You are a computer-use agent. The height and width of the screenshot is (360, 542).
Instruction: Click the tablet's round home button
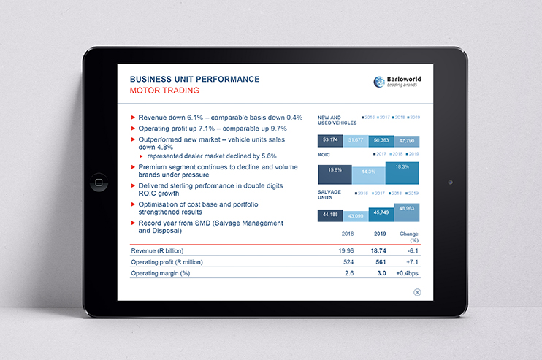coord(95,181)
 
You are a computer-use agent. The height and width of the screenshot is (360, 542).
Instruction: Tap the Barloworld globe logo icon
coord(379,83)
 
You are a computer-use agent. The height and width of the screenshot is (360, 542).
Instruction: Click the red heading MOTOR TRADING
coord(164,91)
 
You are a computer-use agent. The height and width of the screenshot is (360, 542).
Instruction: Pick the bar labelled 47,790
coord(407,140)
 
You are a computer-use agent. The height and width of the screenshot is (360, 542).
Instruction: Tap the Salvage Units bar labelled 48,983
coord(408,211)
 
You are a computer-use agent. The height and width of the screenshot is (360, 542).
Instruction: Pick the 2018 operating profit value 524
coord(348,261)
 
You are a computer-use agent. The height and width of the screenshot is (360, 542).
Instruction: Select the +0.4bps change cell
coord(407,273)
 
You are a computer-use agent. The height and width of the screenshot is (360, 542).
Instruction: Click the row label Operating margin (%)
coord(160,273)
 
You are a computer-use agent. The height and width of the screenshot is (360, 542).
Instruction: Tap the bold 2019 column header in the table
coord(379,234)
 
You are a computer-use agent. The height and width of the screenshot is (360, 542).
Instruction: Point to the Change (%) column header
coord(409,237)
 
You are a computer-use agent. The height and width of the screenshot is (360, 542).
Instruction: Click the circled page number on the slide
coord(417,292)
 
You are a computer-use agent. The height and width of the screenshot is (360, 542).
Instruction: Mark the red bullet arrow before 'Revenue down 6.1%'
coord(132,118)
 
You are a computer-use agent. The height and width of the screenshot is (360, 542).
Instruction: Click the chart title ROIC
coord(324,155)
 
